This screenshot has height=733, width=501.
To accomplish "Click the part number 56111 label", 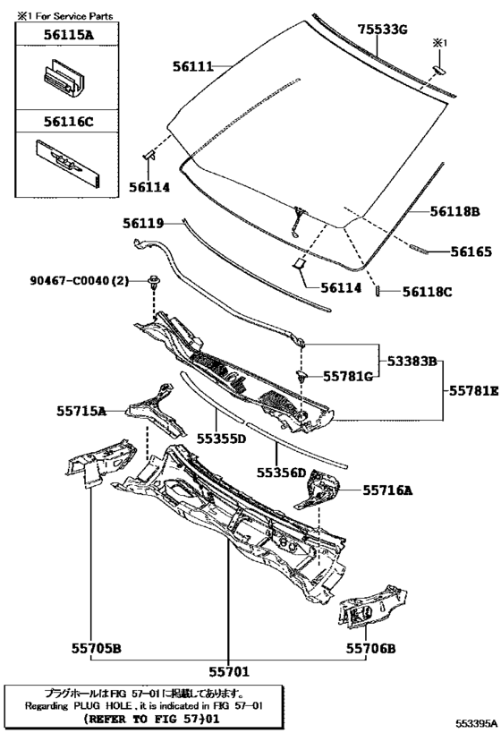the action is tap(192, 66).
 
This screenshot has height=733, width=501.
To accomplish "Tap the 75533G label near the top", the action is tap(383, 30).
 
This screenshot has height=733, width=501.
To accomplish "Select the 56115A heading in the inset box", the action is tap(68, 34).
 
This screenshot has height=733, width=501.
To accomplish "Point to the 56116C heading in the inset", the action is tap(68, 122).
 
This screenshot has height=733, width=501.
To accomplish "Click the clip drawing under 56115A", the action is tap(64, 78).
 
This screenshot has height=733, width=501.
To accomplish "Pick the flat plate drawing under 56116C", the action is tap(69, 163).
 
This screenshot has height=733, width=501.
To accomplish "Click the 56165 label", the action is tap(471, 252).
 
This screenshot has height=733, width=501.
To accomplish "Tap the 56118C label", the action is tap(428, 292).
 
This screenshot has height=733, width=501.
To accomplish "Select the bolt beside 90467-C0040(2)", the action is tap(153, 281).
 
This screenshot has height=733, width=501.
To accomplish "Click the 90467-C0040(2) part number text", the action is tap(79, 280).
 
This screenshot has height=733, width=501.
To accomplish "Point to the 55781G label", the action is tap(348, 376).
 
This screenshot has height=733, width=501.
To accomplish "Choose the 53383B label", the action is tap(412, 361).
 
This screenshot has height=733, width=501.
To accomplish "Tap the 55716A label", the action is tap(388, 490).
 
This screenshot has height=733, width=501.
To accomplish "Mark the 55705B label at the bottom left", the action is tap(97, 648).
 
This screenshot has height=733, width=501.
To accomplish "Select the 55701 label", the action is tap(229, 671).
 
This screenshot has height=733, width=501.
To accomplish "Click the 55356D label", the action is tap(281, 473).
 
